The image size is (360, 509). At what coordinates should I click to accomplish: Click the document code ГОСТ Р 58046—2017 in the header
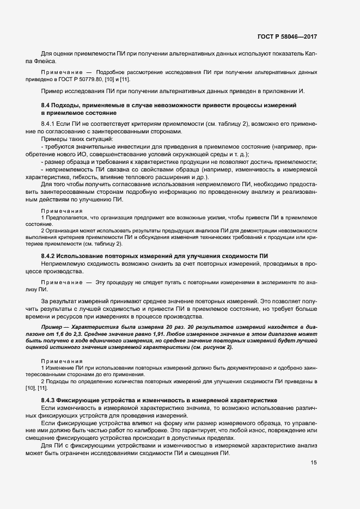(x=286, y=37)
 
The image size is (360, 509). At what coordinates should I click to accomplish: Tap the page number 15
(x=314, y=447)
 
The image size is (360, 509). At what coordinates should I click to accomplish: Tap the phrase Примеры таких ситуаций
(x=70, y=140)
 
